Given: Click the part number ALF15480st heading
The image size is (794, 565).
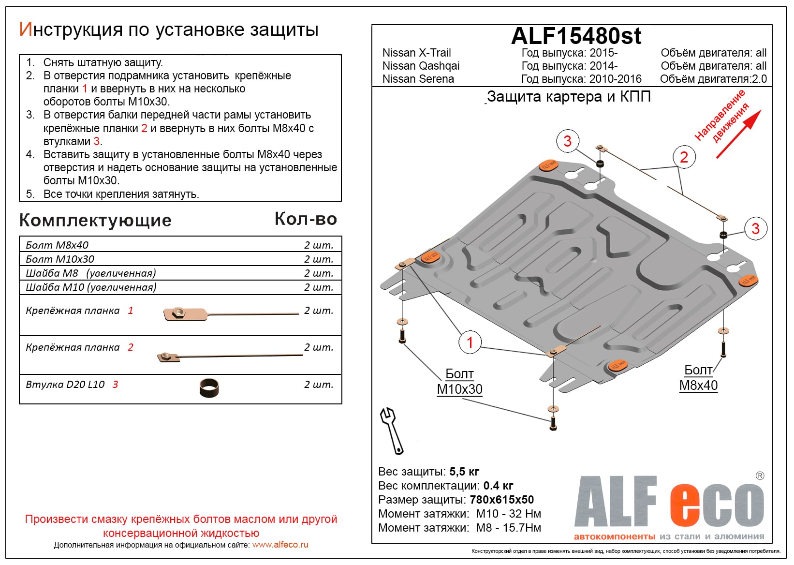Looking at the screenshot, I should (576, 36).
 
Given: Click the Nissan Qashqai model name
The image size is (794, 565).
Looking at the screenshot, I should (421, 66).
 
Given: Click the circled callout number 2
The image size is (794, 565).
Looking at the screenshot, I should (684, 157).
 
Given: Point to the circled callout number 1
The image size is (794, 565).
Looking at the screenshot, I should (470, 342).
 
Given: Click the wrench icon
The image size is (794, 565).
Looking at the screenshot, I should (392, 430).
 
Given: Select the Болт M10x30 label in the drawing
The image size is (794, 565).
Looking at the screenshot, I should (459, 382).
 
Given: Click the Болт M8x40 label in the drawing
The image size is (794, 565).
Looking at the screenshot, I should (698, 378).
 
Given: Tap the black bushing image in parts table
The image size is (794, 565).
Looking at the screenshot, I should (209, 387).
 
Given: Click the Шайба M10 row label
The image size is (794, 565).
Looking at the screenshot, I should (91, 287).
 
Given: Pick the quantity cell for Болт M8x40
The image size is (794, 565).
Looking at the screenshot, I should (319, 245).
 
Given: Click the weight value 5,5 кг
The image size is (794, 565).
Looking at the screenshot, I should (464, 472).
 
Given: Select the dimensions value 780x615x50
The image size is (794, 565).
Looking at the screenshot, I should (501, 500).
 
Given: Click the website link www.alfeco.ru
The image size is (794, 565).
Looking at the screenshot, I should (280, 545).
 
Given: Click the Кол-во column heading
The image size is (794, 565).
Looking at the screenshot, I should (306, 219).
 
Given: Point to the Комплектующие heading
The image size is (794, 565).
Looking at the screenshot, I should (95, 221).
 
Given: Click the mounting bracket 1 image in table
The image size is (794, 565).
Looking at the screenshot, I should (231, 314).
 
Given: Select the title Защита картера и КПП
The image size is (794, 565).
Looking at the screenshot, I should (569, 97).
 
